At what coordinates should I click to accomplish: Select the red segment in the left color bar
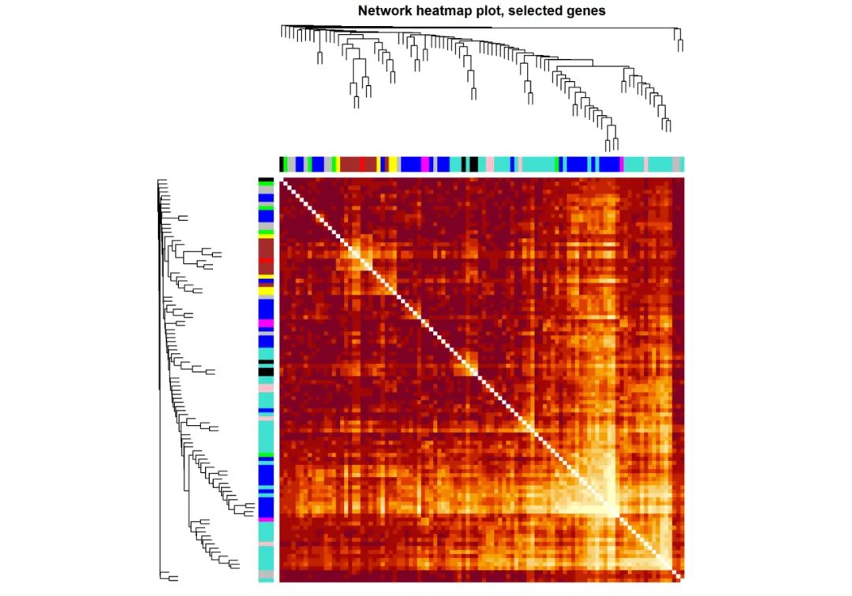266,260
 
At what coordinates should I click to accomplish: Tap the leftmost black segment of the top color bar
282,164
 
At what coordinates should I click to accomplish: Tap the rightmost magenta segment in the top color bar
622,164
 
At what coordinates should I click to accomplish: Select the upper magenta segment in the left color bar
266,323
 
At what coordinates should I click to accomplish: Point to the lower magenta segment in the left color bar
266,520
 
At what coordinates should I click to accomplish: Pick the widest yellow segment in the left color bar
266,290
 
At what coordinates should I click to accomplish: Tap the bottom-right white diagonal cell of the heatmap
680,578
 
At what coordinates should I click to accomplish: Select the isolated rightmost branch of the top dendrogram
679,39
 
